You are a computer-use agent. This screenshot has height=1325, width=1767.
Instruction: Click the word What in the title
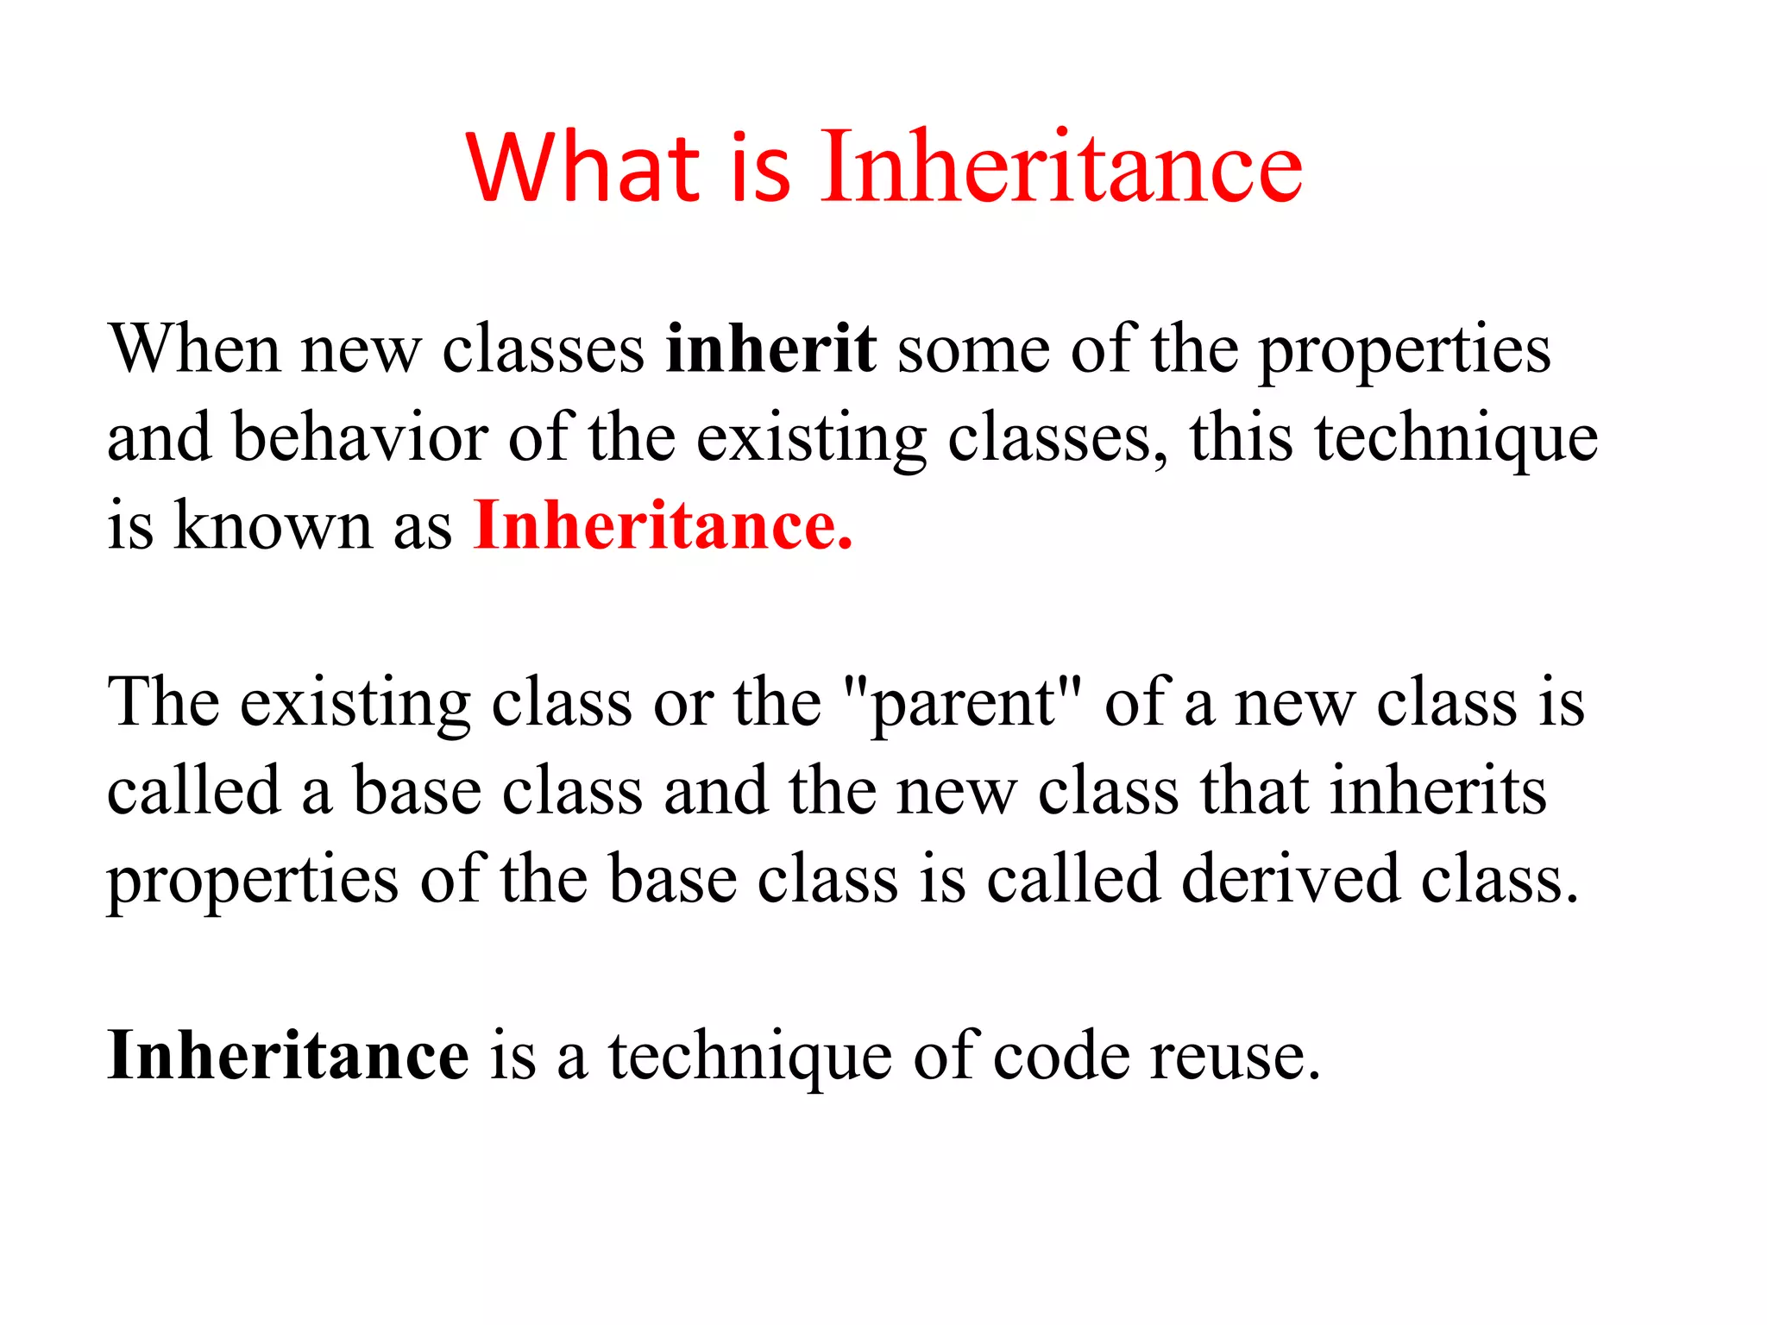coord(583,167)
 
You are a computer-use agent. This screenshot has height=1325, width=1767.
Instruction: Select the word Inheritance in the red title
coord(1061,167)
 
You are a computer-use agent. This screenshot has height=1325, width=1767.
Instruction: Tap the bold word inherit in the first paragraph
coord(771,349)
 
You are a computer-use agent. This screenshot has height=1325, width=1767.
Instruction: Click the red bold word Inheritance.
coord(663,525)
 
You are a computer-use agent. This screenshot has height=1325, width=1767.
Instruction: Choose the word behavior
coord(360,438)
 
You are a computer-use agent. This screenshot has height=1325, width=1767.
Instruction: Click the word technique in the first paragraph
coord(1456,438)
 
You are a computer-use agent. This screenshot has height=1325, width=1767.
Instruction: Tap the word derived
coord(1290,880)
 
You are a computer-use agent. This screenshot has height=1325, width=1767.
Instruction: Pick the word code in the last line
coord(1061,1057)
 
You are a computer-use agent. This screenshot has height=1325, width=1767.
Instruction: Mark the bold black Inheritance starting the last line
coord(288,1057)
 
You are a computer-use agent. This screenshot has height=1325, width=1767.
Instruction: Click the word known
coord(272,525)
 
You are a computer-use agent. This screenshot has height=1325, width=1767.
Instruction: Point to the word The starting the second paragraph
coord(163,703)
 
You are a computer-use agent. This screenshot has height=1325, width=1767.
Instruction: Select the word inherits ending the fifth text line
coord(1438,792)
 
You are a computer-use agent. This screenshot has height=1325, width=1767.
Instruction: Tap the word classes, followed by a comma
coord(1058,438)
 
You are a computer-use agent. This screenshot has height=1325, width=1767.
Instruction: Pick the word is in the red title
coord(760,167)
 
